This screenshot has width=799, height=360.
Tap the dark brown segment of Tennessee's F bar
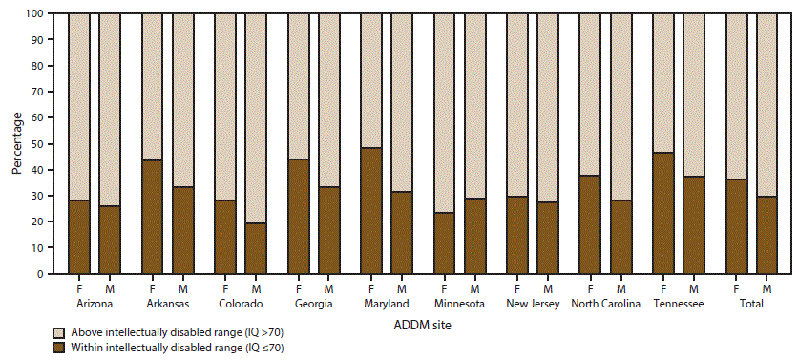click(664, 213)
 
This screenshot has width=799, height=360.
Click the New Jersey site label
click(532, 304)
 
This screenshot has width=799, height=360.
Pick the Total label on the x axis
click(750, 304)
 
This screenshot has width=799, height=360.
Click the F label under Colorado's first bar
click(225, 289)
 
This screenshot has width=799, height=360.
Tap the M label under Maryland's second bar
click(402, 289)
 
